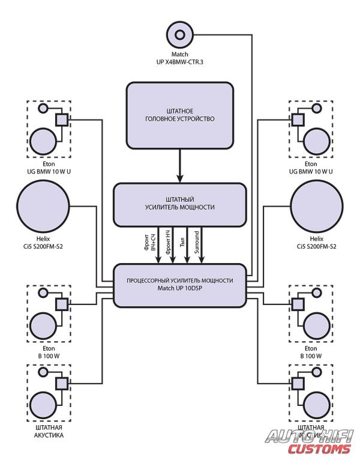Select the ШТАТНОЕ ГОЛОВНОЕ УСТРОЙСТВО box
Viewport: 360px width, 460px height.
click(179, 115)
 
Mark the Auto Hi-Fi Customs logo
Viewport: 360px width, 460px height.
click(310, 441)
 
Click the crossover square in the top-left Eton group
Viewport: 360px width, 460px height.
click(61, 119)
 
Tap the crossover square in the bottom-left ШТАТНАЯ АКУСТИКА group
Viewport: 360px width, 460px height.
click(61, 383)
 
